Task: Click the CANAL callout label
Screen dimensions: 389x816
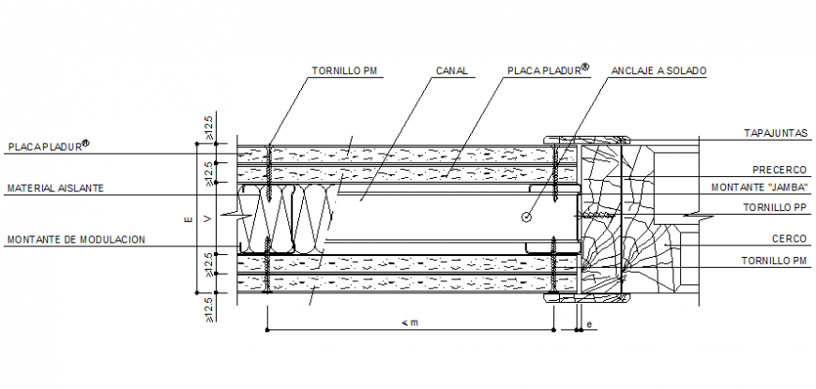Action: click(452, 70)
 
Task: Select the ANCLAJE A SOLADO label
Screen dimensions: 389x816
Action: click(658, 70)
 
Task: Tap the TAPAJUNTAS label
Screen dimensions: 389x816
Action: click(775, 134)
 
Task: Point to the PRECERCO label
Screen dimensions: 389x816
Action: click(779, 170)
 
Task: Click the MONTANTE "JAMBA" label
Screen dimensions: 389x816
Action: click(762, 187)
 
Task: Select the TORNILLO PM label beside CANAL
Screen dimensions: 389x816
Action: click(342, 70)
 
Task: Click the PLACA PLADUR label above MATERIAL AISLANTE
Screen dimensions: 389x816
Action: click(43, 146)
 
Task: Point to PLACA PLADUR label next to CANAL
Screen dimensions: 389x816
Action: click(543, 70)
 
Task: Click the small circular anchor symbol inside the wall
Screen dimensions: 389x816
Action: click(525, 217)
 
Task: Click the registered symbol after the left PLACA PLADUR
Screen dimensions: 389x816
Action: click(85, 143)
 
